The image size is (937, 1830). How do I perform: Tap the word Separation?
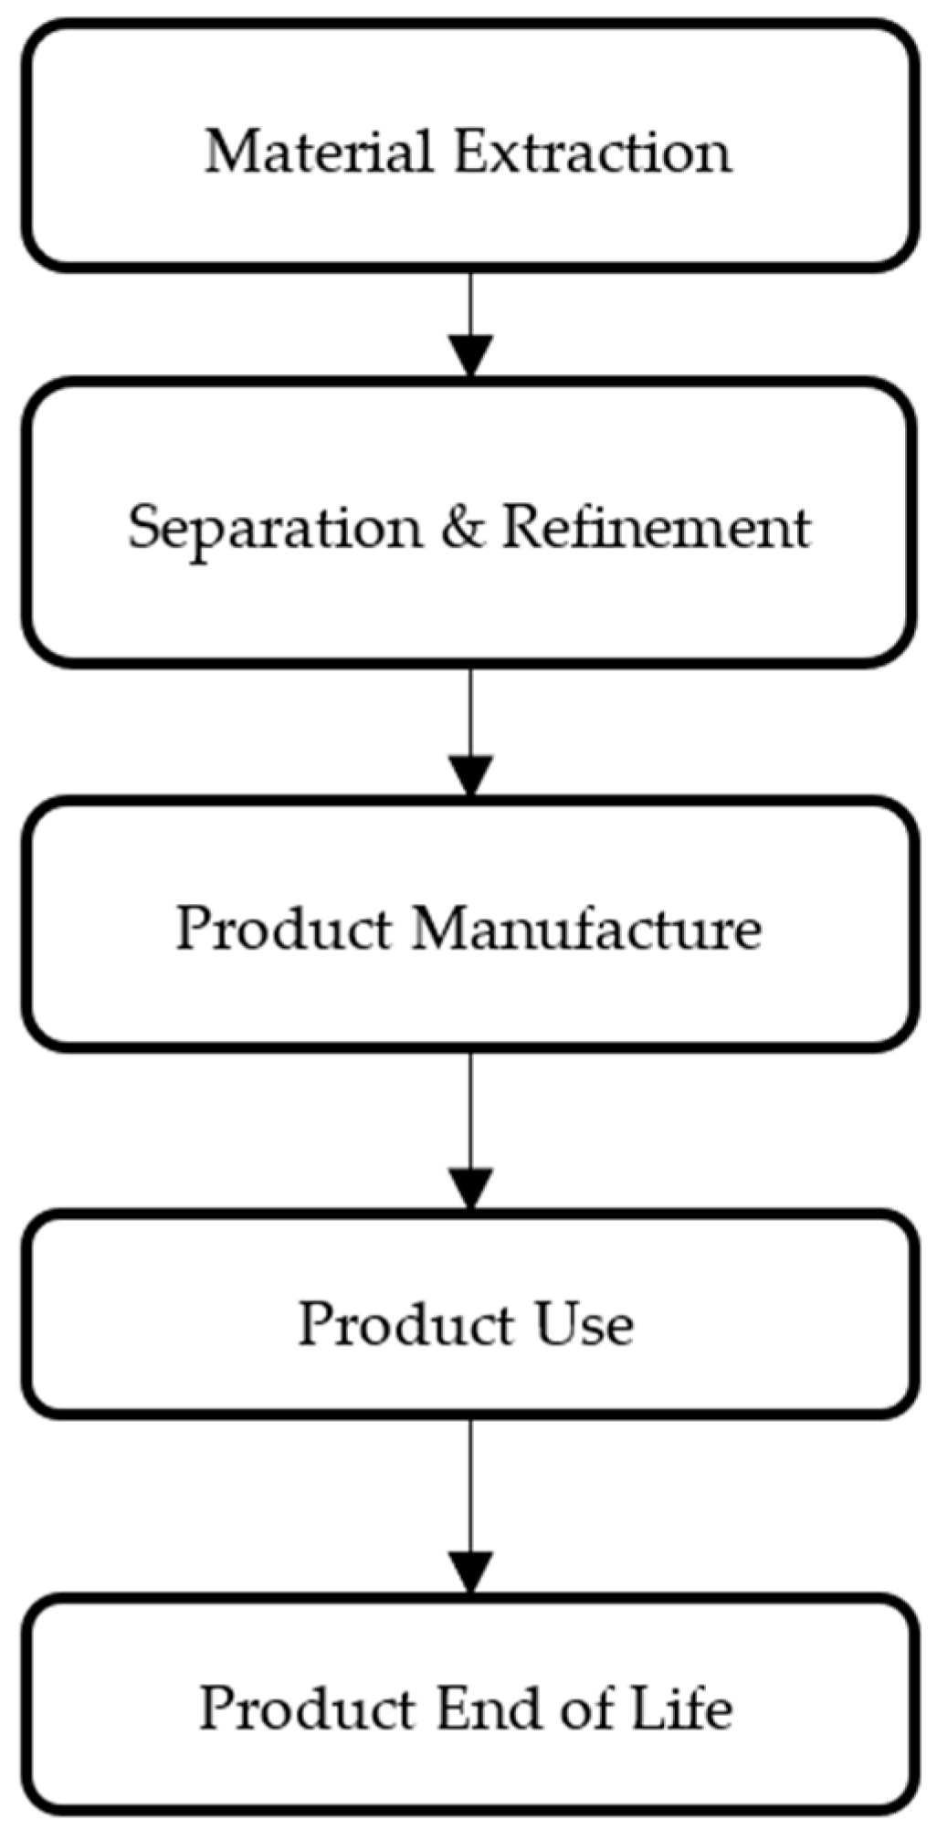coord(275,527)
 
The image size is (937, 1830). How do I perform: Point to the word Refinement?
coord(657,527)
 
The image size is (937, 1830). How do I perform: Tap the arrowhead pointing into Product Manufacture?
coord(470,774)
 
